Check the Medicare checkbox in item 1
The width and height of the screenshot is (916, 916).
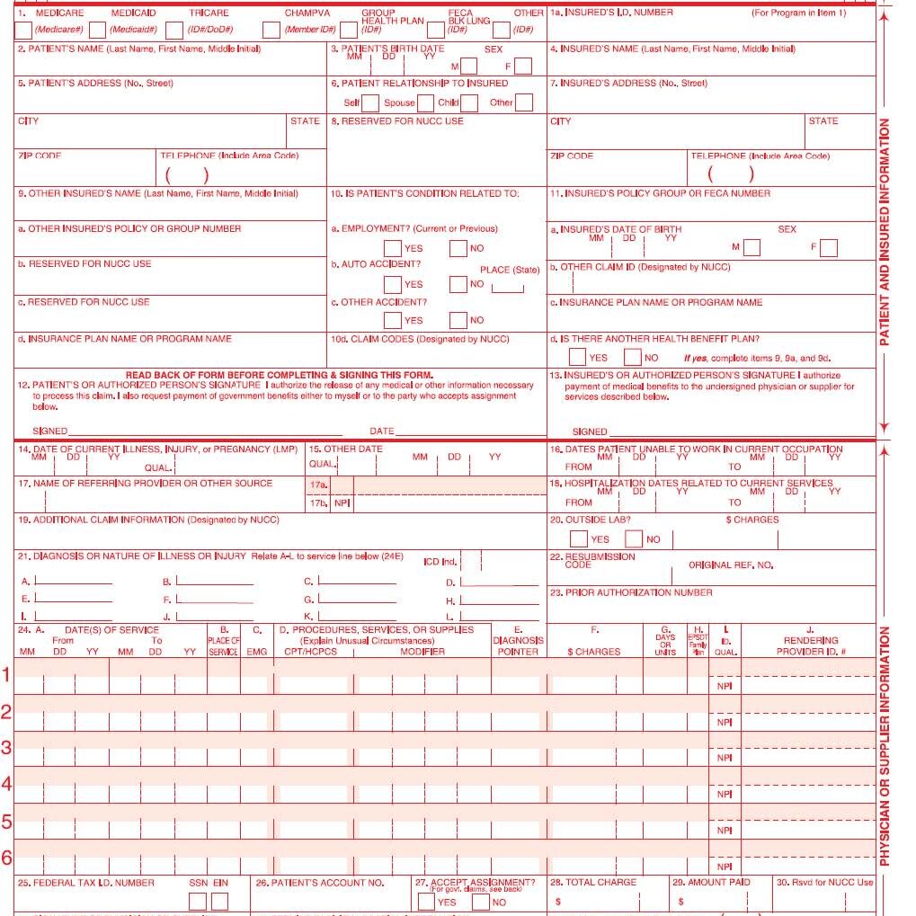pos(24,31)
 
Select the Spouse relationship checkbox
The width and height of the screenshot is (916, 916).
pos(425,102)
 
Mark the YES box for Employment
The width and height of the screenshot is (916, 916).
pos(393,248)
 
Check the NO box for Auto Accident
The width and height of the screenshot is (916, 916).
pos(458,284)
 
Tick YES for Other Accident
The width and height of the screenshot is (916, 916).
pos(393,320)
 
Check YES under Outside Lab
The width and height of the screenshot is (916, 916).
pos(580,539)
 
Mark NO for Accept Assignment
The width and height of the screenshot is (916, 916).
pos(481,902)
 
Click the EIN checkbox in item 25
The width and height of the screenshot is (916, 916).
pos(220,901)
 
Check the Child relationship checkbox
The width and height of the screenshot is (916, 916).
pos(468,102)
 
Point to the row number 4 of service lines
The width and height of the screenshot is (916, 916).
pos(6,784)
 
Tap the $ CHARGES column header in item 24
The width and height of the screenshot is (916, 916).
pos(593,652)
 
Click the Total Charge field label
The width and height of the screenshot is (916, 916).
pos(593,883)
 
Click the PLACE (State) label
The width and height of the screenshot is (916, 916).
pos(510,270)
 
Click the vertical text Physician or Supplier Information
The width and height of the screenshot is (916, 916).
pos(885,746)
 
